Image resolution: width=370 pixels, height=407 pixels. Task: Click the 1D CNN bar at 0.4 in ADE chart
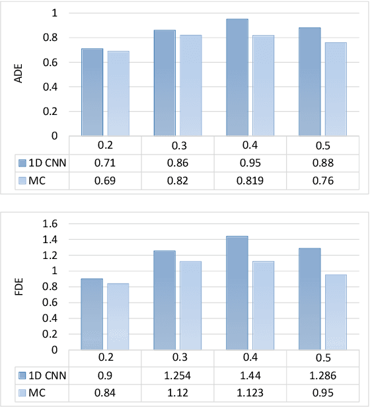(237, 77)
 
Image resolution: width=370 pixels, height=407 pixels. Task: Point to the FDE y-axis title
(18, 287)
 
